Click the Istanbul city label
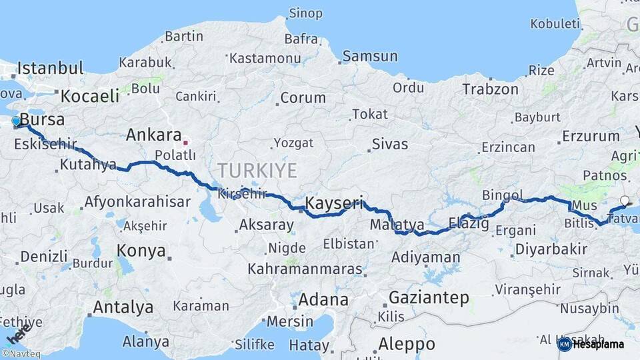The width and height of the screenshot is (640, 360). [50, 68]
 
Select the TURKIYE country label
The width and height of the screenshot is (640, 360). [257, 171]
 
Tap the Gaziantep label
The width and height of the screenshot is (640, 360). [429, 297]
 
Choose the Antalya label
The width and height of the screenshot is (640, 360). [123, 307]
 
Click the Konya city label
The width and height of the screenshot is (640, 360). [141, 251]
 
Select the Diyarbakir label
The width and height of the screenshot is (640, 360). [551, 249]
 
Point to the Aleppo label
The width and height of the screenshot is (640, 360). [407, 344]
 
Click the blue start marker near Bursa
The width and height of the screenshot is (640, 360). [17, 121]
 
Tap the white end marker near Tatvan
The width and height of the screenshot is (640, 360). [625, 200]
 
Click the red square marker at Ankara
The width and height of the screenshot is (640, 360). [186, 142]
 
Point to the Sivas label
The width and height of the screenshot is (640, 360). [390, 143]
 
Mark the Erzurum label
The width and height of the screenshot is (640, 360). [591, 136]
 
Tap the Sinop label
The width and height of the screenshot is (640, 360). [305, 13]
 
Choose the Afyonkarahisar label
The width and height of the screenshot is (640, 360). [137, 201]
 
